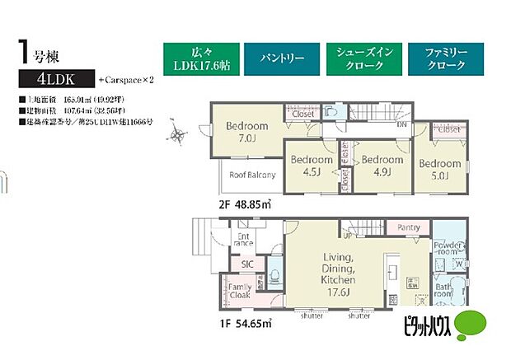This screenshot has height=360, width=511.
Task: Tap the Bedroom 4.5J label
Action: (311, 166)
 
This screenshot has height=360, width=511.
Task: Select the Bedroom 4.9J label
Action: (382, 166)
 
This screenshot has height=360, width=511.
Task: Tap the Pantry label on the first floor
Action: (409, 227)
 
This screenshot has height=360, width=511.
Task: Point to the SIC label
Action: (247, 264)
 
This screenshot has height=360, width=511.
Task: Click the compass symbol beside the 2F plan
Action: (177, 135)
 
